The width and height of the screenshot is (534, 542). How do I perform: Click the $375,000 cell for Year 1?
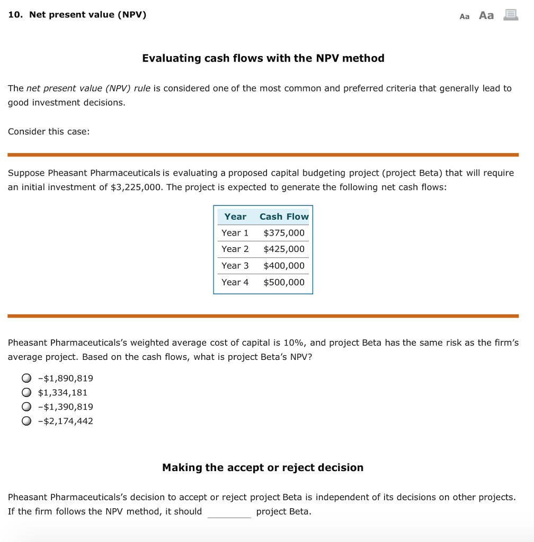point(284,233)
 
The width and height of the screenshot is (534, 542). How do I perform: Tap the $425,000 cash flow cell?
point(284,249)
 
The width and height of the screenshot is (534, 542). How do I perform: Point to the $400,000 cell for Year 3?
point(284,266)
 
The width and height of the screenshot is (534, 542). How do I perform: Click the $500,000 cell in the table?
point(284,282)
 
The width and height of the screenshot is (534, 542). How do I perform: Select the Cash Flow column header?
point(284,216)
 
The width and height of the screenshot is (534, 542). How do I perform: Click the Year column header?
point(235,216)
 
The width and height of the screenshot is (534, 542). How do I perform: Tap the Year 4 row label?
point(235,282)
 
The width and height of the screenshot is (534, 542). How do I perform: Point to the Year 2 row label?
point(235,249)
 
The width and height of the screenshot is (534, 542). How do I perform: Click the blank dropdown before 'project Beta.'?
point(229,512)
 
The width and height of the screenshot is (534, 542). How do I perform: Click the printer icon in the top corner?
point(511,15)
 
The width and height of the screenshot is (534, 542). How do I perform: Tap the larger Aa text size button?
point(486,15)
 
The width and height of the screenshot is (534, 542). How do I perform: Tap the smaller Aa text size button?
point(465,16)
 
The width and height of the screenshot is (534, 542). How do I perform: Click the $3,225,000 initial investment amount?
point(136,187)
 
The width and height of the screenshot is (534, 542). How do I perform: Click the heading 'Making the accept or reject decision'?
point(263,467)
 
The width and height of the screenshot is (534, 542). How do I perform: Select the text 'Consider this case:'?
point(49,131)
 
